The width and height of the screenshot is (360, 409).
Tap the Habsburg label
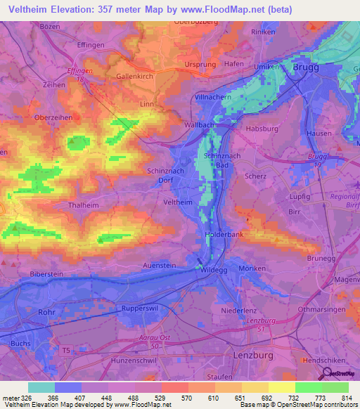261,129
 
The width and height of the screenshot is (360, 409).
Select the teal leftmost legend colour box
41,387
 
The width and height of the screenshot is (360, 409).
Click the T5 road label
67,349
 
